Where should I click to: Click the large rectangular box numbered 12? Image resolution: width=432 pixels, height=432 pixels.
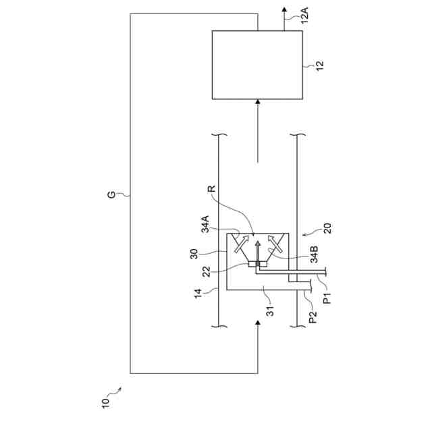(257, 65)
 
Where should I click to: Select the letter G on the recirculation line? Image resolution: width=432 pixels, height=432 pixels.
(112, 195)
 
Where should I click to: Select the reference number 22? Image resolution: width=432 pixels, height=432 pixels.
(207, 272)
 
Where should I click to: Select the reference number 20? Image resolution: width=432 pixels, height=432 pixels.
(328, 228)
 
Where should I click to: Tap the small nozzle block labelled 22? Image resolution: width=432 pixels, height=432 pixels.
(257, 264)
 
